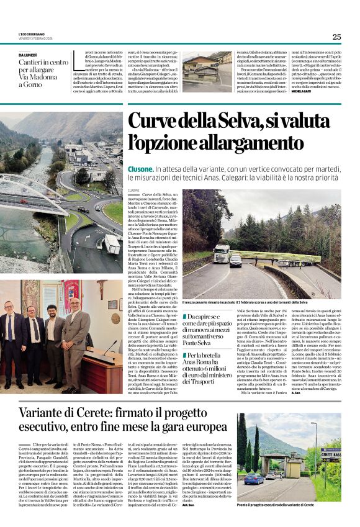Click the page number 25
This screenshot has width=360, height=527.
point(336,37)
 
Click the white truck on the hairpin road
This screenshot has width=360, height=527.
point(221,253)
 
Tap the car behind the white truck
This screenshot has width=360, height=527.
point(236,261)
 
